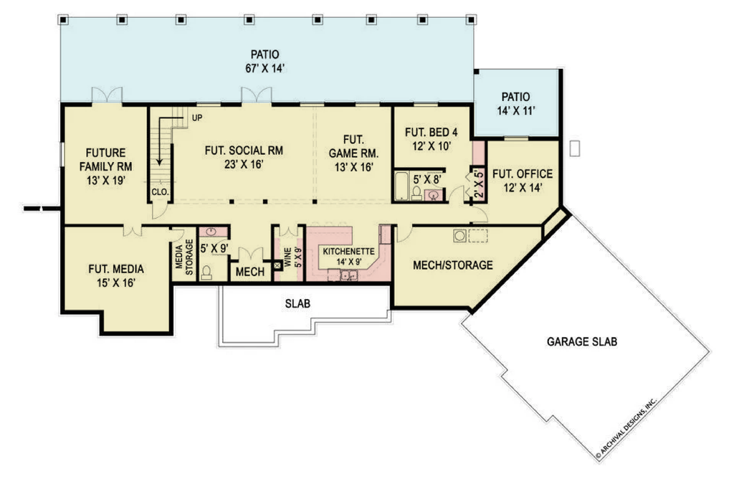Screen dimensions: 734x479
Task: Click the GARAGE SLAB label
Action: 582,342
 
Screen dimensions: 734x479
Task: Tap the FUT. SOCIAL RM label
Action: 244,151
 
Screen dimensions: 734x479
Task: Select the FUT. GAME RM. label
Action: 353,146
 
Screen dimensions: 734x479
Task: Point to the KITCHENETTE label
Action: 349,252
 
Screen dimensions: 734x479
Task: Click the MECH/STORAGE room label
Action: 453,265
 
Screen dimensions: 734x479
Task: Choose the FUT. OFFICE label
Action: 523,174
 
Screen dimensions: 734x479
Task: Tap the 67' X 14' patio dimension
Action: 265,68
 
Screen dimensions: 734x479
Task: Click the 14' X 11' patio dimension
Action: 516,111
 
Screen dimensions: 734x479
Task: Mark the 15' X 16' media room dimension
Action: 116,283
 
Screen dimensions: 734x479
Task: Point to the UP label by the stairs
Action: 197,118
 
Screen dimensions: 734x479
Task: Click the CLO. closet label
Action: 160,192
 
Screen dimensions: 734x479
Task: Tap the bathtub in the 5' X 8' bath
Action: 401,186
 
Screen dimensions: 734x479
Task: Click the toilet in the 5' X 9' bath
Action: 206,273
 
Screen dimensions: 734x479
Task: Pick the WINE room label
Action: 287,257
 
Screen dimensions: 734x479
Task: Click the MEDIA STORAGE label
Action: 184,257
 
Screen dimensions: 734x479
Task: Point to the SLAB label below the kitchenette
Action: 297,304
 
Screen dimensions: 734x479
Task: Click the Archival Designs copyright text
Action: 626,427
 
